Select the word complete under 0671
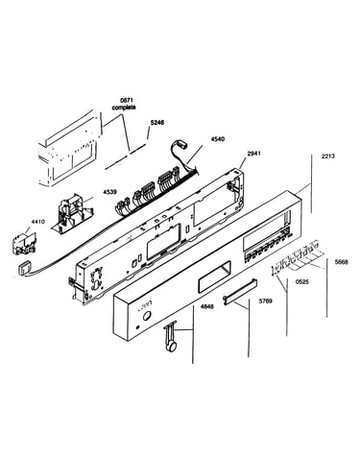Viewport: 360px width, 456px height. click(124, 108)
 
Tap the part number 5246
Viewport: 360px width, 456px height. click(157, 123)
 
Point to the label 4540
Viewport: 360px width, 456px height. click(217, 139)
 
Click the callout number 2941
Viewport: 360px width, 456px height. click(253, 154)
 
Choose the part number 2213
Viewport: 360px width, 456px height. click(327, 156)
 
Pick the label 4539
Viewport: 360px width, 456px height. click(109, 192)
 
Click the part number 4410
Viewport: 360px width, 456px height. click(37, 222)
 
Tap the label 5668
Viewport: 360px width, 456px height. click(341, 262)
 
